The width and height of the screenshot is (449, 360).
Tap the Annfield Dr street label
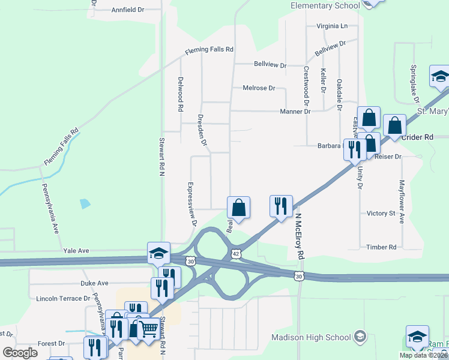tap(128, 10)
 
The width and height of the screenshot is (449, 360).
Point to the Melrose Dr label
tap(259, 88)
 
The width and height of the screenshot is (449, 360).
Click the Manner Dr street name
tap(295, 112)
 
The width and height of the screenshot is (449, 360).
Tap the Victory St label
tap(381, 213)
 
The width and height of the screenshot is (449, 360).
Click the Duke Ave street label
tap(94, 283)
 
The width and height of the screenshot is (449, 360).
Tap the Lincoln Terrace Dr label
tap(63, 298)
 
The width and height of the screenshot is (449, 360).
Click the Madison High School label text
tap(312, 337)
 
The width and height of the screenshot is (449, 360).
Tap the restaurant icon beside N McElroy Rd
tap(281, 206)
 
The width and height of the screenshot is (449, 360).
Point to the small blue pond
tap(85, 203)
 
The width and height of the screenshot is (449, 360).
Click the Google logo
tap(20, 353)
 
